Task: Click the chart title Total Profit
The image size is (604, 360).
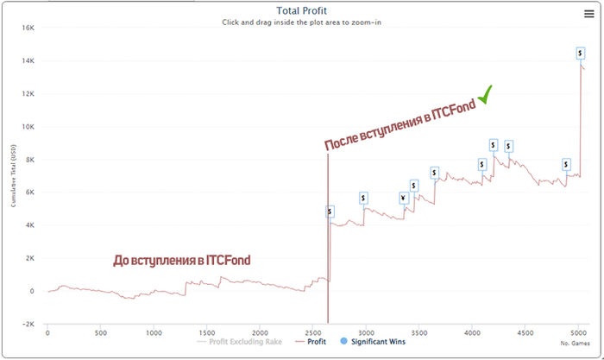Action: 301,11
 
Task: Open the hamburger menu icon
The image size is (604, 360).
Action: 589,12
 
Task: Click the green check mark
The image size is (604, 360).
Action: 486,94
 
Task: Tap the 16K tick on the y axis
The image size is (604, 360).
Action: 28,28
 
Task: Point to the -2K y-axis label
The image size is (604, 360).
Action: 28,324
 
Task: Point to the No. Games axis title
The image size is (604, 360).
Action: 575,343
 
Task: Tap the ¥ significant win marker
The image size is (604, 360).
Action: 403,198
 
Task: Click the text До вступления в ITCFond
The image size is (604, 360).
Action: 187,260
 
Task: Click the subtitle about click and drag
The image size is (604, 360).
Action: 301,22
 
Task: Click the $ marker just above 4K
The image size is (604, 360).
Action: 330,211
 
